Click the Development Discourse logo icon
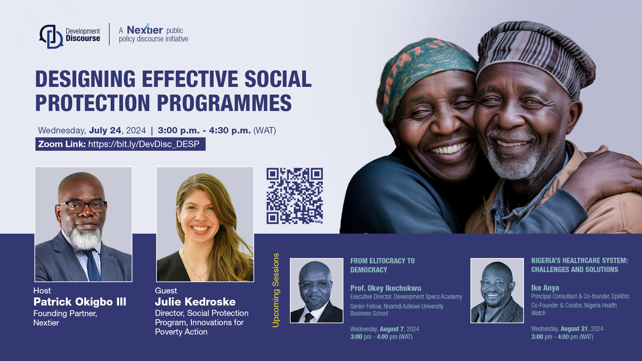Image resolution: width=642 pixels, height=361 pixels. [51, 36]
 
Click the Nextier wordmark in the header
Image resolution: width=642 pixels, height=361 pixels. [145, 30]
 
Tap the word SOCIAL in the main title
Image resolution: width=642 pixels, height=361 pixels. [278, 80]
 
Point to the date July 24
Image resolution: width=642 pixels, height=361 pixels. [105, 130]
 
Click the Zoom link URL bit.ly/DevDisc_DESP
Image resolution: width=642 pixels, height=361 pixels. [144, 144]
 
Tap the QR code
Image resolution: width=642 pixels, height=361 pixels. [294, 196]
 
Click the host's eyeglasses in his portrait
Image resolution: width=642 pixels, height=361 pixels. [83, 206]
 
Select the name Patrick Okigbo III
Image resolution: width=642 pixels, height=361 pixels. [80, 302]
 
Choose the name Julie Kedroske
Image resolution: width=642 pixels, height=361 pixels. [195, 302]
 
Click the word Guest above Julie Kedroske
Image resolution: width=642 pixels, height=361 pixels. [166, 290]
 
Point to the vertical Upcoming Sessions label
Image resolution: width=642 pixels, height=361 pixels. [276, 290]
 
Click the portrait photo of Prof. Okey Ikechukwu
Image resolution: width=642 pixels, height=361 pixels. [316, 290]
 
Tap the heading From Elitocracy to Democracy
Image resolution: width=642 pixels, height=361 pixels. [382, 265]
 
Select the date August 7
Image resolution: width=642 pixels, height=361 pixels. [392, 329]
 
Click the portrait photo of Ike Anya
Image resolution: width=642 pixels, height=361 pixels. [497, 290]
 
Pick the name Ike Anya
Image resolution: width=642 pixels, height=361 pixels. [545, 288]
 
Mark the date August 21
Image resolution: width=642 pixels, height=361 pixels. [574, 329]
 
